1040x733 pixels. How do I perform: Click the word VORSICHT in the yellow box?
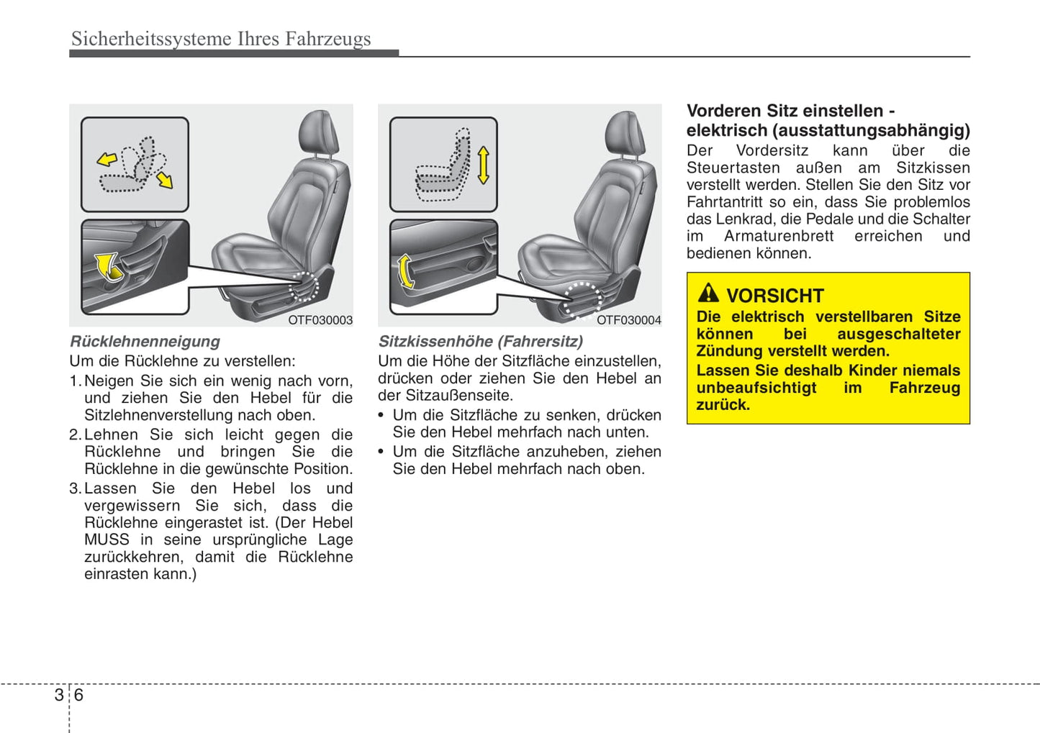[774, 296]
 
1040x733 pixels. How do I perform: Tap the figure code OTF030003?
[320, 320]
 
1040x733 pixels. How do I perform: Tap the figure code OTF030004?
[628, 320]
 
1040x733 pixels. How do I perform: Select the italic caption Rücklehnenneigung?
[145, 342]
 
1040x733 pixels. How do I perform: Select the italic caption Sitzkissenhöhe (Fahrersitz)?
[480, 342]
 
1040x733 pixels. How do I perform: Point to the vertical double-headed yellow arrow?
[483, 165]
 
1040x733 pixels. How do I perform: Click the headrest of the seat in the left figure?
[317, 132]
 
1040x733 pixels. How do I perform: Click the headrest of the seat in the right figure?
[624, 133]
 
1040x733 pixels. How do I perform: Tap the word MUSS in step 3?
[107, 539]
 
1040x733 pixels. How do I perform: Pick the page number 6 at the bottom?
[78, 695]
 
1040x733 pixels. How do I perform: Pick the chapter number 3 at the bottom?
[58, 695]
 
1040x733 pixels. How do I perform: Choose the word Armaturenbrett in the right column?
[778, 236]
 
